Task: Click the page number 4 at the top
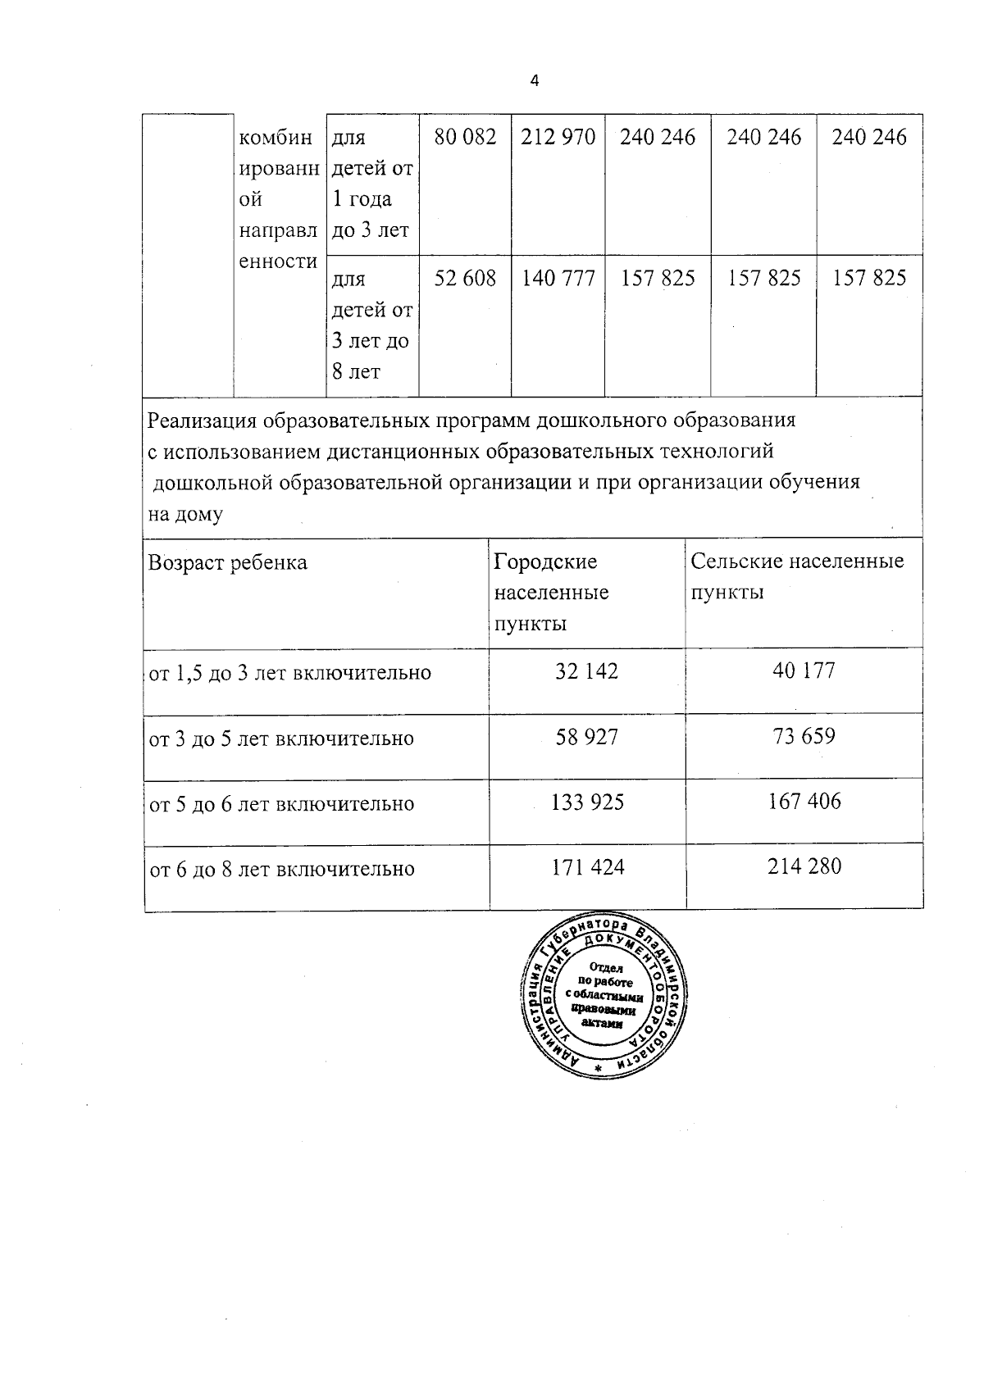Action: [x=535, y=80]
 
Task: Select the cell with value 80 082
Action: [x=465, y=137]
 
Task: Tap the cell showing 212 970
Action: [x=558, y=137]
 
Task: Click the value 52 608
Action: [x=465, y=279]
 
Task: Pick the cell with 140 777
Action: [x=558, y=279]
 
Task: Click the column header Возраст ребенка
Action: [x=228, y=562]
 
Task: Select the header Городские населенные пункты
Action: [x=551, y=592]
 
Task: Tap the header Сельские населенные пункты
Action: [x=796, y=576]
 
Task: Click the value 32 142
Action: [x=586, y=671]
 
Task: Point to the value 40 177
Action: [x=804, y=670]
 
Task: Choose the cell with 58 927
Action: [x=586, y=737]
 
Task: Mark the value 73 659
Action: [x=804, y=736]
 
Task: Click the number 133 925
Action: [x=587, y=802]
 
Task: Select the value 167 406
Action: [x=804, y=801]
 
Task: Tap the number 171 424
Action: [x=587, y=867]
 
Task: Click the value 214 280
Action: [x=804, y=866]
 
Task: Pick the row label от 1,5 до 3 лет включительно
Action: [x=289, y=673]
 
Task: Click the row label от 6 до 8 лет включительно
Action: [x=281, y=869]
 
